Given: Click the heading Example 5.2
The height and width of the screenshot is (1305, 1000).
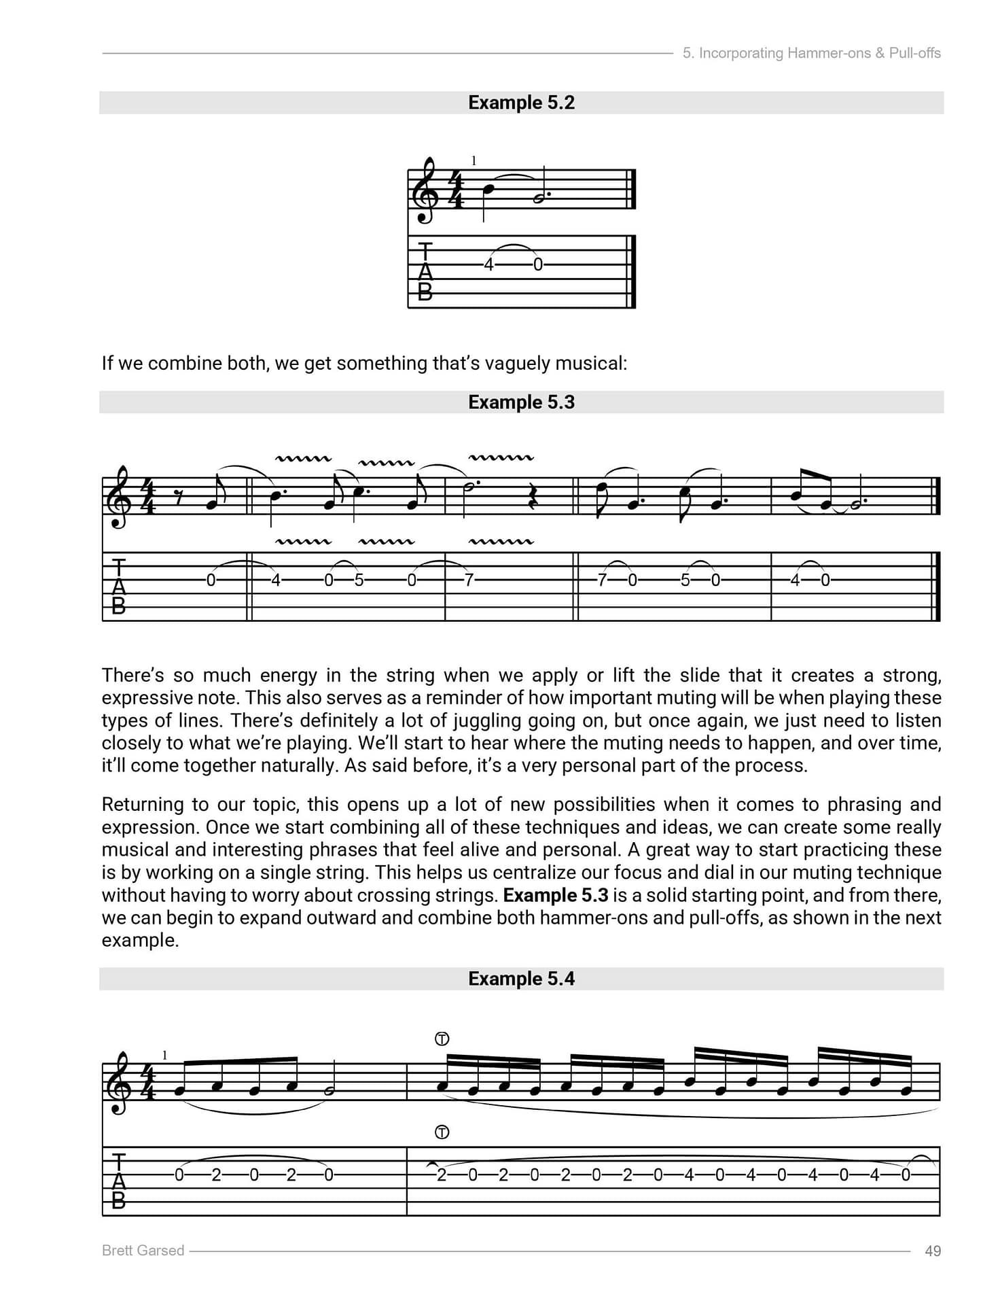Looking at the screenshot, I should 521,103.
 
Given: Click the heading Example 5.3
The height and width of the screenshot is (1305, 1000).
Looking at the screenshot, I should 521,402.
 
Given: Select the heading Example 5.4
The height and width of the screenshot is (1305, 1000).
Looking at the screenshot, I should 521,979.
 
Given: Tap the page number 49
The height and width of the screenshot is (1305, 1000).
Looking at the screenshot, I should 933,1251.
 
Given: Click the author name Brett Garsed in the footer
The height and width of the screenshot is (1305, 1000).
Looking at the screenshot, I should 143,1251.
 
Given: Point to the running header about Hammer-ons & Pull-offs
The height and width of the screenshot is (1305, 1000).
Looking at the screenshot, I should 811,53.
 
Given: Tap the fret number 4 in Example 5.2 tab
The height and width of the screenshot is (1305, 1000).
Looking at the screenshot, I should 488,265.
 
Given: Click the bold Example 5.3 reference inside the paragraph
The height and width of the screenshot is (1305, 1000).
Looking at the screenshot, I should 556,895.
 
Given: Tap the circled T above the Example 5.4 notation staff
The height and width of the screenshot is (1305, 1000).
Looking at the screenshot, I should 442,1039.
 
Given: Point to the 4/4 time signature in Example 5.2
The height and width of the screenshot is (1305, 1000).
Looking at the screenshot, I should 456,191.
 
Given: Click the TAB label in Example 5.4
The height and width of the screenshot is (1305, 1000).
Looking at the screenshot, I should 118,1181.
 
